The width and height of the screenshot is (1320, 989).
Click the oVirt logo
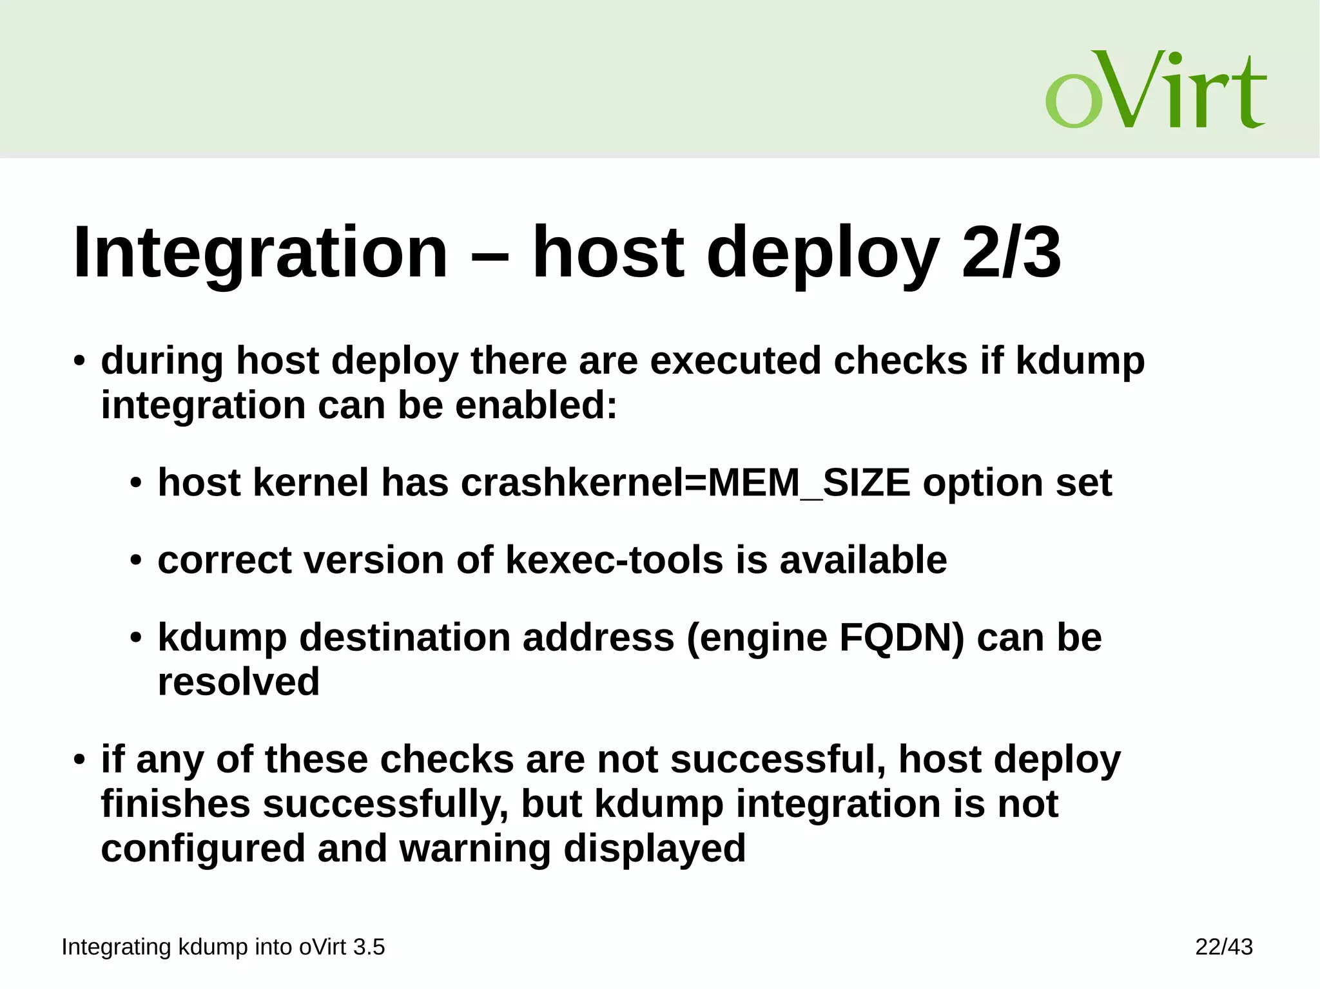tap(1156, 90)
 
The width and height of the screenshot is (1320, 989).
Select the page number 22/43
tap(1223, 946)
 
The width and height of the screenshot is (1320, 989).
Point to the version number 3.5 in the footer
tap(369, 946)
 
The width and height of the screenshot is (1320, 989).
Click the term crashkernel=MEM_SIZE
tap(686, 483)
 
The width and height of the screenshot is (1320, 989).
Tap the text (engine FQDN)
tap(826, 637)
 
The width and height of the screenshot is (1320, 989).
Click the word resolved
tap(238, 682)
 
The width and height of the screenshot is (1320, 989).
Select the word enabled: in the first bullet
tap(536, 405)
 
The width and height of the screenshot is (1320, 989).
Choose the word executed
tap(735, 360)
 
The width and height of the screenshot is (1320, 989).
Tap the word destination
tap(405, 637)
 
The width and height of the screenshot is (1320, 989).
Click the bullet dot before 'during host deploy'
tap(79, 361)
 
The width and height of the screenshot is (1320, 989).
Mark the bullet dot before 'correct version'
tap(135, 561)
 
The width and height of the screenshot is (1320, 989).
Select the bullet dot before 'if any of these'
tap(79, 760)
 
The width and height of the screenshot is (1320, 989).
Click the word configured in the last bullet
tap(203, 848)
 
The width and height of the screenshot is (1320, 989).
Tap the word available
tap(863, 559)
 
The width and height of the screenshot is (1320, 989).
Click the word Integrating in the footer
tap(116, 946)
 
